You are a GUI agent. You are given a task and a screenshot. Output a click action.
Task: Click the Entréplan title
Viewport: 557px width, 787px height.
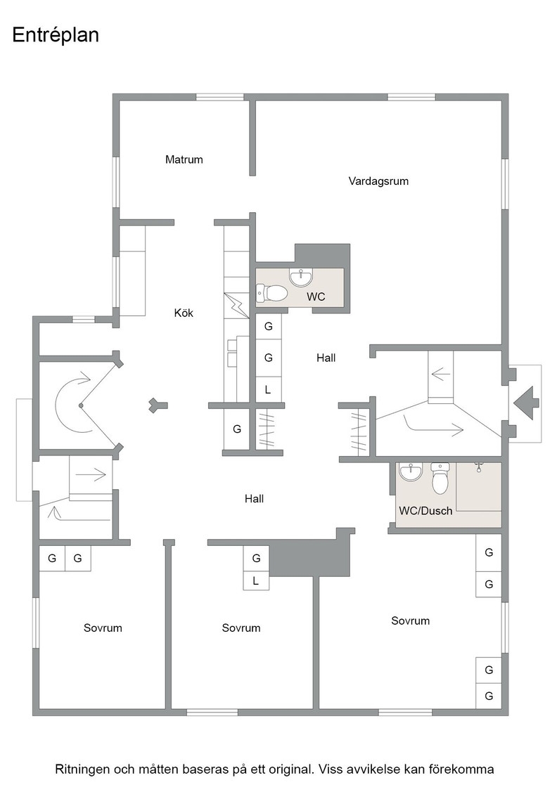56,36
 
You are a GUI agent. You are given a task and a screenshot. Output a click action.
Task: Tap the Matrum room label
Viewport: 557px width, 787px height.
184,160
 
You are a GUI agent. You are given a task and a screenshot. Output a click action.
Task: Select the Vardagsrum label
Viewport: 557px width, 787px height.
378,181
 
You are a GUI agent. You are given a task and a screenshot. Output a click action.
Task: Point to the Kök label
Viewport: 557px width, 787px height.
184,313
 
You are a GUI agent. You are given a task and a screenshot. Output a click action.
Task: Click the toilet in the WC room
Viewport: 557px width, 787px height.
271,292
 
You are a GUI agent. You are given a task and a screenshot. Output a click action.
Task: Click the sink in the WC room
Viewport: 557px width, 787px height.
301,277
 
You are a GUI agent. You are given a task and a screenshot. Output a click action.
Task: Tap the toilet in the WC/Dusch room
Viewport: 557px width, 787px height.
440,479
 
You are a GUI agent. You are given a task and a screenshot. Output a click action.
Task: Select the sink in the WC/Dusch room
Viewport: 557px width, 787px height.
411,471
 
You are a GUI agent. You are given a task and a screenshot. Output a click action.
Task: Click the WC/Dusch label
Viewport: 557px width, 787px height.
425,511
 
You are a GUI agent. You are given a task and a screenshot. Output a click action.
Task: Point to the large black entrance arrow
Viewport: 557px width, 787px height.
526,403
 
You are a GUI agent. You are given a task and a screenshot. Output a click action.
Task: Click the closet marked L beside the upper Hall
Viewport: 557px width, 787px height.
268,389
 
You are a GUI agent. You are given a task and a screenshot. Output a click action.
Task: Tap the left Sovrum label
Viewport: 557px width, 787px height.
103,628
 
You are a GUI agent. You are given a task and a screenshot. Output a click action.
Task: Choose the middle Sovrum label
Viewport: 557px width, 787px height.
241,628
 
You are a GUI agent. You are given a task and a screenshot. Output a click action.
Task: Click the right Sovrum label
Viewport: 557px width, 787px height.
410,621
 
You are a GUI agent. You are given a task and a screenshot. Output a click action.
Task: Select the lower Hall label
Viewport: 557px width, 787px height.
254,499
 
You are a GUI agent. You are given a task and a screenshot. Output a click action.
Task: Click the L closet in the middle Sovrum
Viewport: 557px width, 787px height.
256,581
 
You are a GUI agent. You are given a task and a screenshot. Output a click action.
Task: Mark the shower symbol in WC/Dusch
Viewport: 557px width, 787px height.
478,468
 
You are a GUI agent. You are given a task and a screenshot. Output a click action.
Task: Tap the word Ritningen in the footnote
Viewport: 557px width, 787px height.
82,769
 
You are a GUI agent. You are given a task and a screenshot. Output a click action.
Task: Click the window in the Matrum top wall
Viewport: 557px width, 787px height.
219,98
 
